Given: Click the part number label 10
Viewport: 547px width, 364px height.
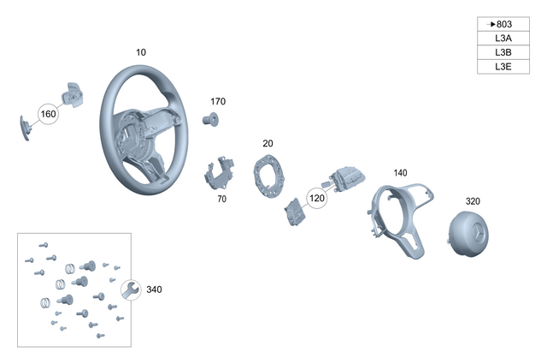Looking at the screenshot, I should (x=141, y=52).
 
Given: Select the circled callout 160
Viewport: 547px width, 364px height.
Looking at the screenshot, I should (x=48, y=114).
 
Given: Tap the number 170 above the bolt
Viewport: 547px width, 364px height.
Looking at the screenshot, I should (x=218, y=101).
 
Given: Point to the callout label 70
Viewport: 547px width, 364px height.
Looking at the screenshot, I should (x=221, y=199).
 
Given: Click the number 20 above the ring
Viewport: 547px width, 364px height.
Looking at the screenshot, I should (x=268, y=143).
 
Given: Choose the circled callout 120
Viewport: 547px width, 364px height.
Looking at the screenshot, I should (x=317, y=198).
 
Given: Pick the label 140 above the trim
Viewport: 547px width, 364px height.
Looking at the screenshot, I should (x=400, y=173).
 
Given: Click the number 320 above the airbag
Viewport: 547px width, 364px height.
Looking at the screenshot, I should (x=473, y=201).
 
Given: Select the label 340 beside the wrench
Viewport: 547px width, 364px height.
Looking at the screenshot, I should (x=154, y=289).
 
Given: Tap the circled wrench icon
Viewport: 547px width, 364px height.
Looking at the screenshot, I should (x=130, y=290).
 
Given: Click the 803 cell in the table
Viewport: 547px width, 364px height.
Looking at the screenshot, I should (x=503, y=24).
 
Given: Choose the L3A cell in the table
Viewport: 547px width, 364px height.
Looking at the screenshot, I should (x=503, y=39).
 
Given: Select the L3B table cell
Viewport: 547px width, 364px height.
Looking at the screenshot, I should (x=503, y=52).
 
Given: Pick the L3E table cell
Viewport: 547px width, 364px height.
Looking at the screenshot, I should (x=503, y=66).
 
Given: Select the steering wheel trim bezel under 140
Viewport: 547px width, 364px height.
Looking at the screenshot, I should (x=400, y=214).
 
